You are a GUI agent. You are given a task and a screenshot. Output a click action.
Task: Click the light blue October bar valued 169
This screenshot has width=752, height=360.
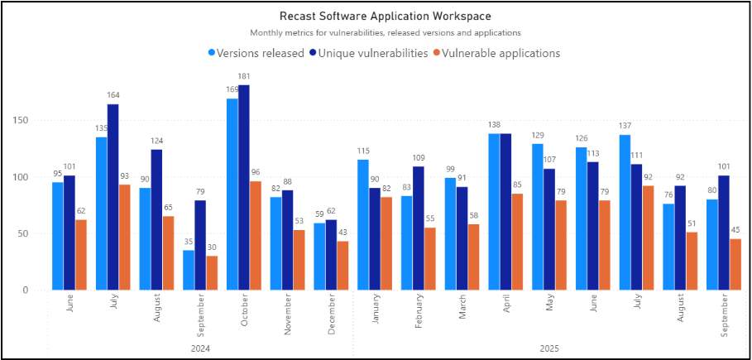(232, 194)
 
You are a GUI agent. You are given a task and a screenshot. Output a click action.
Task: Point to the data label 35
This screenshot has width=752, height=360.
(189, 242)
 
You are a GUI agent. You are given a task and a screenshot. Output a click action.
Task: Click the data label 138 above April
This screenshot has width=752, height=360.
(493, 126)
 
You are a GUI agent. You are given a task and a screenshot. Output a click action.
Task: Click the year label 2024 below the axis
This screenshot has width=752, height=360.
(200, 349)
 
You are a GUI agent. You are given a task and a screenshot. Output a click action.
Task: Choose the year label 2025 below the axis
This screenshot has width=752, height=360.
(548, 349)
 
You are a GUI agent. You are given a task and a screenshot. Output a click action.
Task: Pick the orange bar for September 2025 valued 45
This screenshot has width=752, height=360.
(735, 265)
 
